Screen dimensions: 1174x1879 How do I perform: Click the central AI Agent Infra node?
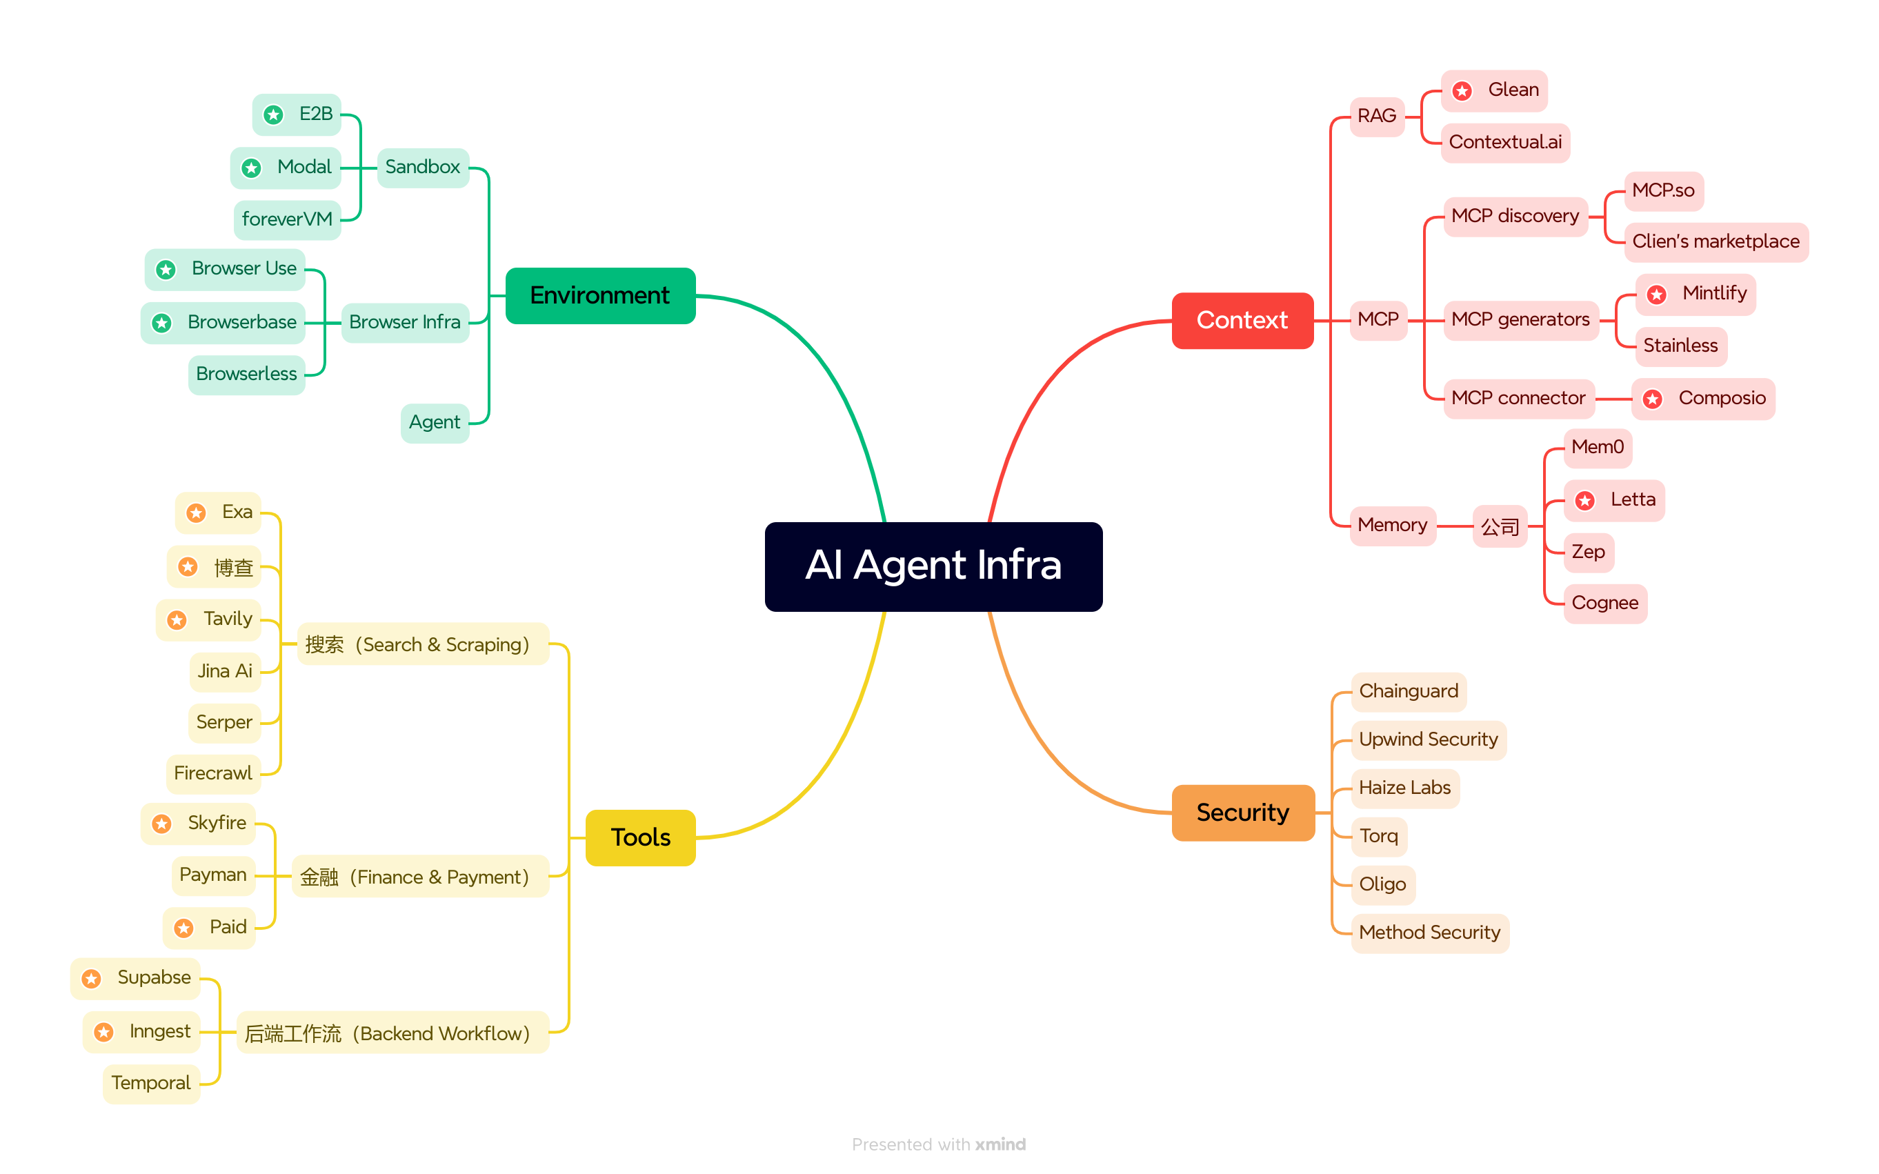[933, 566]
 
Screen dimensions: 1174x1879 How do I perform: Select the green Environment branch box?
[599, 296]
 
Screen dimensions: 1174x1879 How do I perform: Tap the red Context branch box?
[1242, 321]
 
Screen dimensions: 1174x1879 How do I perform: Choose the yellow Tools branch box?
[640, 838]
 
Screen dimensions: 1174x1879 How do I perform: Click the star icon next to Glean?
[1462, 92]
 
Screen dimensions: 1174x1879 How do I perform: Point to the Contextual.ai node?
[1504, 143]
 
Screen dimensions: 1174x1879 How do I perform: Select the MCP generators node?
[1520, 320]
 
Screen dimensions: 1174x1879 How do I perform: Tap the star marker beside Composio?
[1652, 399]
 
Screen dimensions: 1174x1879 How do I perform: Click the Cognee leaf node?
[1604, 604]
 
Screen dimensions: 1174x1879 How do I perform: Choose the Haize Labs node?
[1404, 788]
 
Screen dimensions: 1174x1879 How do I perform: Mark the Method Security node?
[1429, 933]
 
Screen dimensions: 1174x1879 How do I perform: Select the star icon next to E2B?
[273, 116]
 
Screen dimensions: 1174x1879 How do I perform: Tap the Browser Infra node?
[404, 322]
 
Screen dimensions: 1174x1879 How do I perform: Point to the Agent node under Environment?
[434, 423]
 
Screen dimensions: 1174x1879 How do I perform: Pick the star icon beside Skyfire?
[161, 824]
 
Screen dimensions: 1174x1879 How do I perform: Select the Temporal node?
[150, 1083]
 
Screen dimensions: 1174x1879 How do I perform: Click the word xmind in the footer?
[1000, 1144]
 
